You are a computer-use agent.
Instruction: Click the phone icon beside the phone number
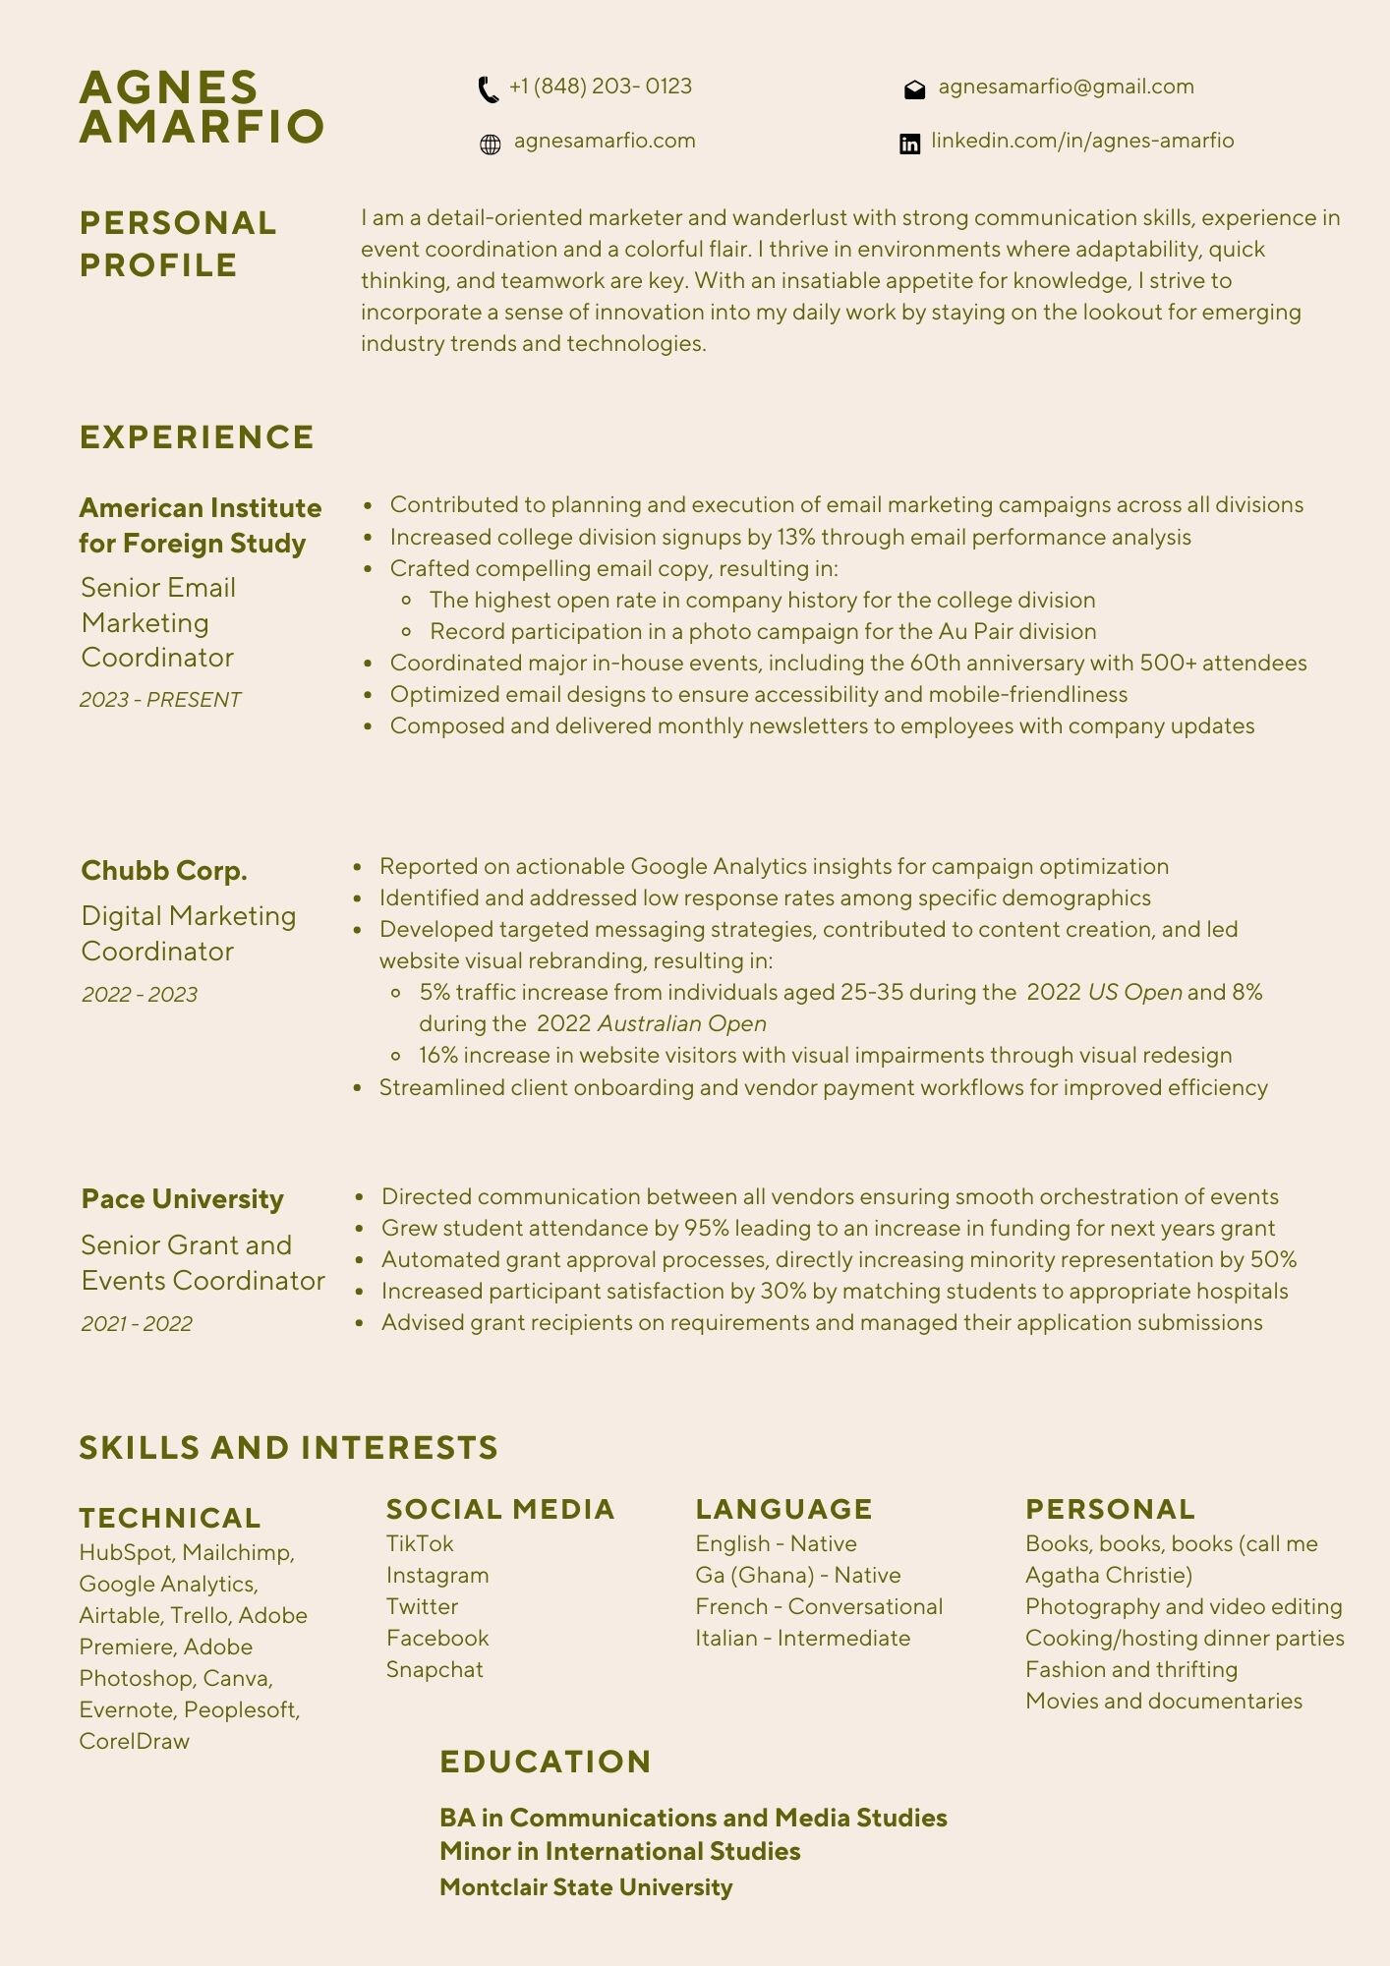(488, 89)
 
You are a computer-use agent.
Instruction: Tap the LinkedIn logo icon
(910, 145)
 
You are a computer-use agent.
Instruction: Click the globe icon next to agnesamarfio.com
(490, 145)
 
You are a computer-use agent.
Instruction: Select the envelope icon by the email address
(914, 90)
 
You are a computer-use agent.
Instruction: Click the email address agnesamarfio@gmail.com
(1066, 87)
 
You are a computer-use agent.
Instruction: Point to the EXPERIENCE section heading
(197, 437)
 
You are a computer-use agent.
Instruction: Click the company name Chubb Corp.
(164, 871)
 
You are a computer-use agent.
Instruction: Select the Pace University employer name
(183, 1199)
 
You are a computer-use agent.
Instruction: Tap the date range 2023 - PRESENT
(160, 700)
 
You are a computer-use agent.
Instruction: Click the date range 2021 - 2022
(137, 1324)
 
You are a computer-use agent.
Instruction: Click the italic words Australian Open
(681, 1023)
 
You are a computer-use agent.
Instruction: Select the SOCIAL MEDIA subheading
(500, 1509)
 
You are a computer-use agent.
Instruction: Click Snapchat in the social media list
(434, 1669)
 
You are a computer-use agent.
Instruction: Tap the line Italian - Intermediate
(802, 1638)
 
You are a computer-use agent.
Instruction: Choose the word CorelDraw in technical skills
(135, 1741)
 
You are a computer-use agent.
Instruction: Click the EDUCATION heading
(546, 1762)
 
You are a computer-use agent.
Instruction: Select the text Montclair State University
(586, 1887)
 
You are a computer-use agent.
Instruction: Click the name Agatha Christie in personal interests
(1108, 1575)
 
